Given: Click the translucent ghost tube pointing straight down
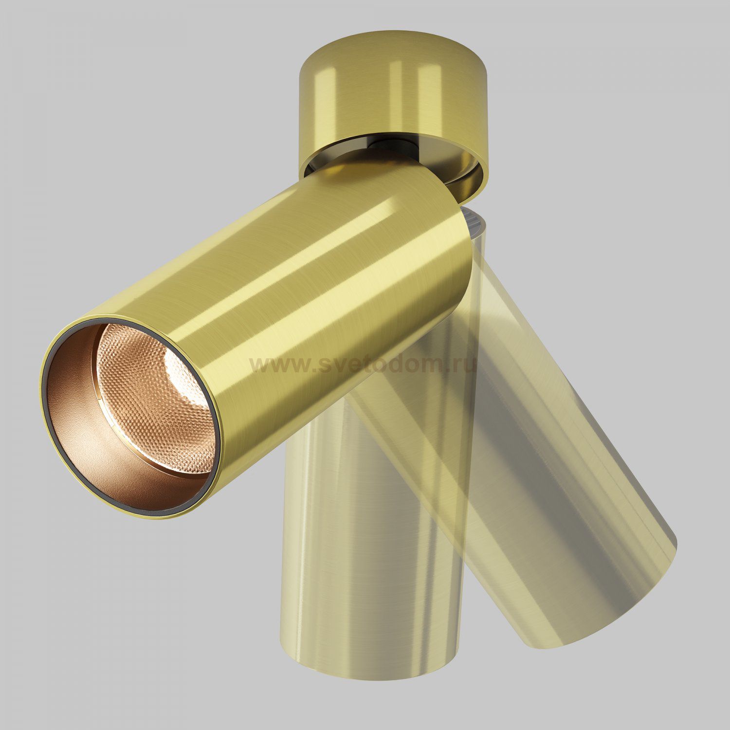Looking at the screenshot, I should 336,584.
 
